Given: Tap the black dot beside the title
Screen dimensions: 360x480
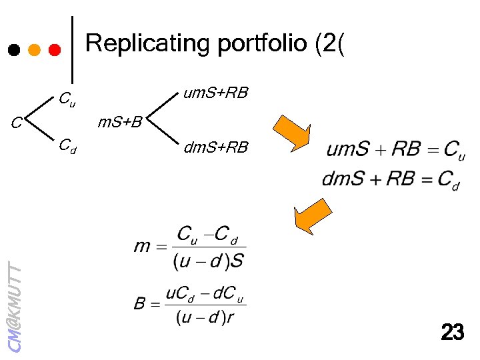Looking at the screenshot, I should (x=13, y=50).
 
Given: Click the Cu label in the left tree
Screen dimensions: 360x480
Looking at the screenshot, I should (x=67, y=101).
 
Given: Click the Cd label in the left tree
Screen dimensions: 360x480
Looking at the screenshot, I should (x=67, y=145).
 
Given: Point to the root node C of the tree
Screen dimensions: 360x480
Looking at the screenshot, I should (x=16, y=123).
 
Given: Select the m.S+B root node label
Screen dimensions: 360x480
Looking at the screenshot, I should (x=120, y=123).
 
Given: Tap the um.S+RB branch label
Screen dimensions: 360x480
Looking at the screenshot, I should (x=215, y=93).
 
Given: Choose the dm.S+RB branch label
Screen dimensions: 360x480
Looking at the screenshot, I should (x=215, y=148).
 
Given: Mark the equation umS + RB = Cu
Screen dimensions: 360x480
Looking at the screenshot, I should (x=395, y=149).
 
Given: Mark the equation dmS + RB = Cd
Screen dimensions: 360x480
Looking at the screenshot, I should (x=391, y=179).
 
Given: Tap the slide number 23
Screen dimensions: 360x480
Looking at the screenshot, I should (x=452, y=332).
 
